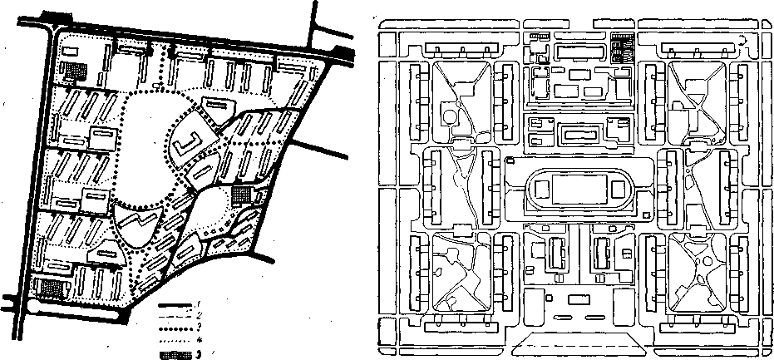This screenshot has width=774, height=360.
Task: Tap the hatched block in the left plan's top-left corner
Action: (x=76, y=72)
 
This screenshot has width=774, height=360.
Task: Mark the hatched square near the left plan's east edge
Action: (x=241, y=195)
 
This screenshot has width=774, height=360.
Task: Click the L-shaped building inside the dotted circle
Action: (x=187, y=146)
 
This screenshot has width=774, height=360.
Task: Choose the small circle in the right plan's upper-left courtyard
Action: (x=451, y=116)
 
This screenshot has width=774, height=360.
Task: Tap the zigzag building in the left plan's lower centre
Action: (x=134, y=223)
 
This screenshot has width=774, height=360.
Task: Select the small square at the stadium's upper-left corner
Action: (x=508, y=160)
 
